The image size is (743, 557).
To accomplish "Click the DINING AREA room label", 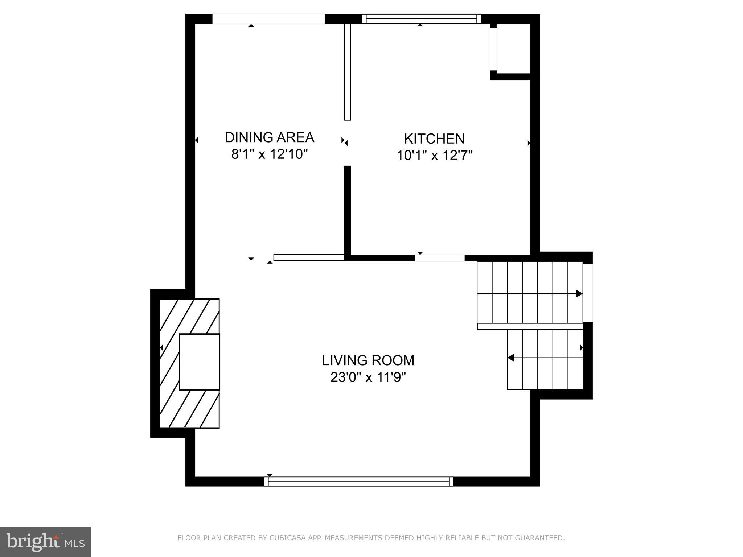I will [269, 137].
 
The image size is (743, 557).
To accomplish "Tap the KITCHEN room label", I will [434, 139].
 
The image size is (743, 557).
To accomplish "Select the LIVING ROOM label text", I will [368, 360].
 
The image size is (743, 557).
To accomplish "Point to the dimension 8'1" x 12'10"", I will [269, 154].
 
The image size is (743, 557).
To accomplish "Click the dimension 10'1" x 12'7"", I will [434, 156].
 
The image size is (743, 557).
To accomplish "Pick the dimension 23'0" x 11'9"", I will [368, 377].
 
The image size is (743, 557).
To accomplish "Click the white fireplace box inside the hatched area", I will [200, 362].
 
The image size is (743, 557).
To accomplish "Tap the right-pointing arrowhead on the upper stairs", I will [579, 294].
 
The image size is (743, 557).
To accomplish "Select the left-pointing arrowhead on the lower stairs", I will [511, 358].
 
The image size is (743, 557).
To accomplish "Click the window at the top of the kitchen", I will [421, 18].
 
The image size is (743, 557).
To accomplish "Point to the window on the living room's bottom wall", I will [358, 482].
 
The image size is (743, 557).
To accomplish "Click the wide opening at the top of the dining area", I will [268, 18].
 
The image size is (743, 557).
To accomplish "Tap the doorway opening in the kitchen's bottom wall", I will [440, 258].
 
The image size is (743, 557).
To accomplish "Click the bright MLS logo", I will [45, 542].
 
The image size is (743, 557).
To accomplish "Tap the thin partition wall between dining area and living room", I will [309, 257].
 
